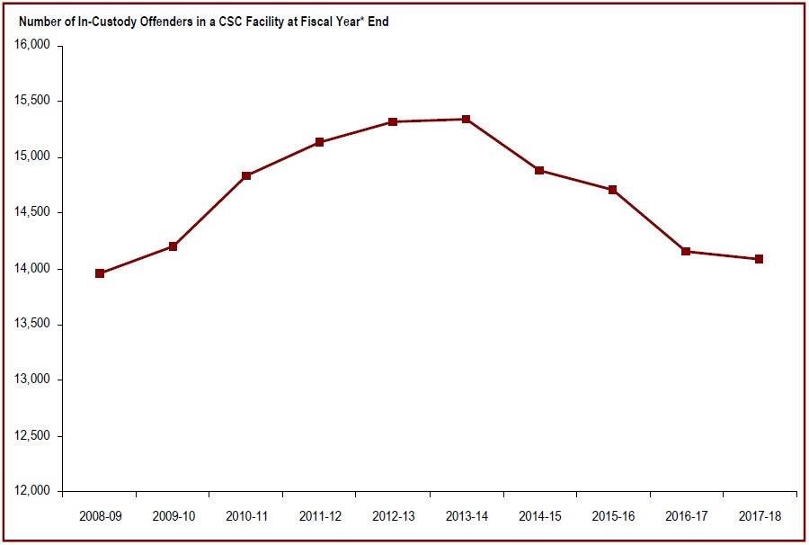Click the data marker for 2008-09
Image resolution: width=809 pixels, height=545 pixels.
100,273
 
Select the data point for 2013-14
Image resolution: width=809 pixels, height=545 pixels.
466,120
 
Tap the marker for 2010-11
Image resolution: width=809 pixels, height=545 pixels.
246,176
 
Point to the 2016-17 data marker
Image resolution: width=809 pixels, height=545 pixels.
686,252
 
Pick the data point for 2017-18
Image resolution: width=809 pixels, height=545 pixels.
760,259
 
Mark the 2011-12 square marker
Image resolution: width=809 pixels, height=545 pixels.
320,142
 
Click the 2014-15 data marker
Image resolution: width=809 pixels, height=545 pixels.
539,170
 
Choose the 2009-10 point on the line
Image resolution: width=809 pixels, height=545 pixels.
173,246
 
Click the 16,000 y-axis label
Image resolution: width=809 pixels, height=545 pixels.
31,45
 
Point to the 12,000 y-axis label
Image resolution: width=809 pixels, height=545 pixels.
31,492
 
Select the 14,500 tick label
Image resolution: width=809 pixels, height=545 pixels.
31,213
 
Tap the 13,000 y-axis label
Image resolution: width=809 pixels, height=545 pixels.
31,380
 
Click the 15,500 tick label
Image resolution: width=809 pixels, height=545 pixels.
31,101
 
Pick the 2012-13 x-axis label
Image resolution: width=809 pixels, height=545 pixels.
393,516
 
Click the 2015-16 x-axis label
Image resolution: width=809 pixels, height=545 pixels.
613,516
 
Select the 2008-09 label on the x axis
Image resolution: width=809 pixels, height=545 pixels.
99,516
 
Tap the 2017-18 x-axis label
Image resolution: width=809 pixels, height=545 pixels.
760,516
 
